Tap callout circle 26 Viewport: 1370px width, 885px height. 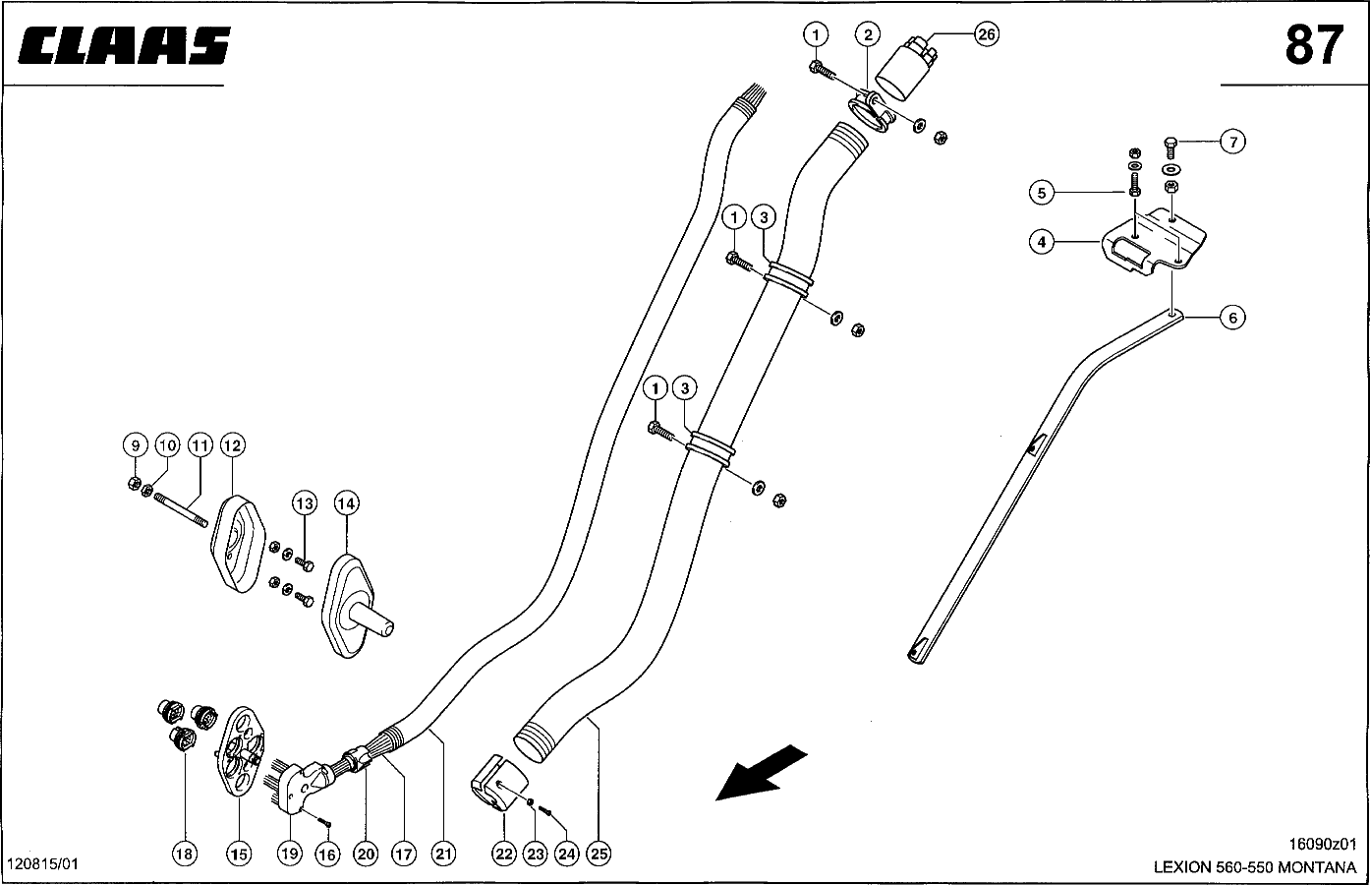(x=986, y=34)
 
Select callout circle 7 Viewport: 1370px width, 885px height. (x=1232, y=142)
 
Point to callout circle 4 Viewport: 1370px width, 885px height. (x=1044, y=240)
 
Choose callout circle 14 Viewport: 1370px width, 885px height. (x=345, y=503)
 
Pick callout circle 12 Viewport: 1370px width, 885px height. (x=232, y=445)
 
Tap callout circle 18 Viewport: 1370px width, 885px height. (x=185, y=854)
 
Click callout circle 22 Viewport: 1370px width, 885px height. (x=504, y=855)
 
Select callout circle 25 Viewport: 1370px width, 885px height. (x=599, y=855)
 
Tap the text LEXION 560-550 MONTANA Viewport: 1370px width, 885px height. (x=1255, y=868)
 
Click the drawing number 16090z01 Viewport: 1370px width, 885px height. (x=1322, y=844)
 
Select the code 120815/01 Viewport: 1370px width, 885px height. (x=41, y=864)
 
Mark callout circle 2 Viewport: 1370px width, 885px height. (x=866, y=34)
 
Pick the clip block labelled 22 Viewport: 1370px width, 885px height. (x=497, y=785)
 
